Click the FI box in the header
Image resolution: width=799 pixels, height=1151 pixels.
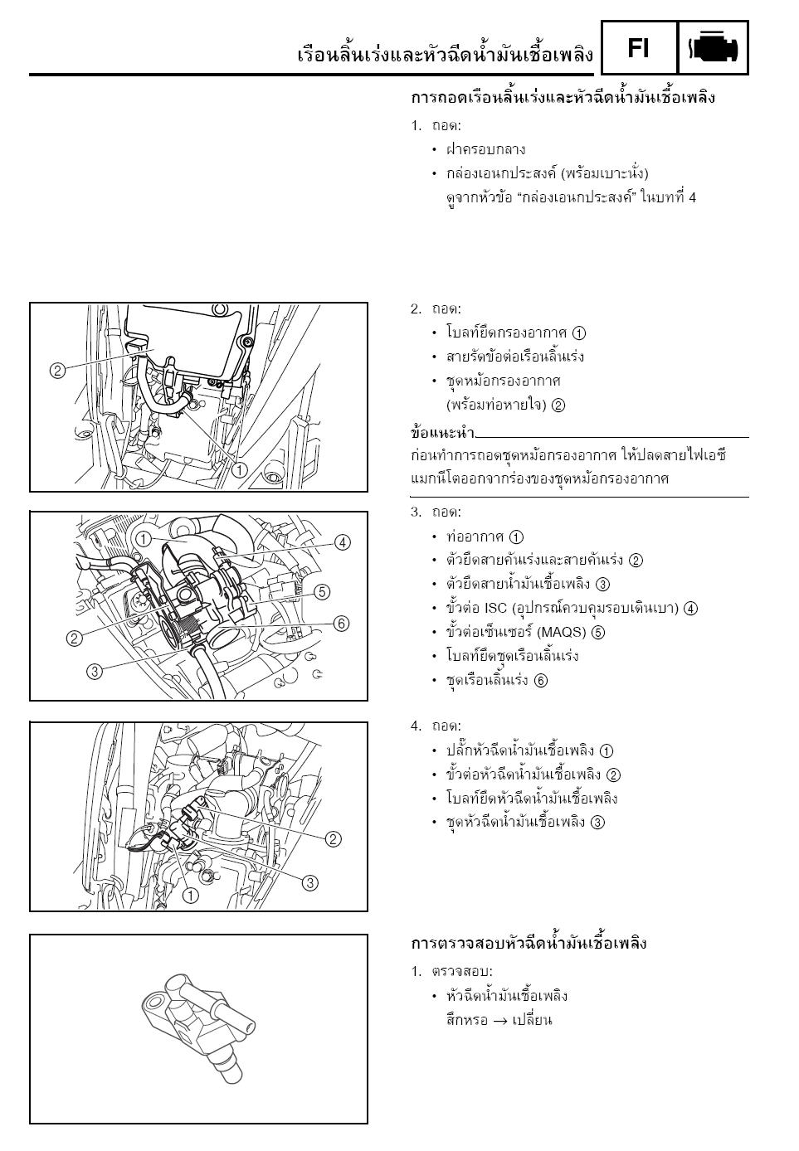tap(638, 49)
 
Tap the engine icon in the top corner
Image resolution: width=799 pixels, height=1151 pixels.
tap(713, 49)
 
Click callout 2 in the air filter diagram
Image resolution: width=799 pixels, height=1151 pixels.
tap(57, 371)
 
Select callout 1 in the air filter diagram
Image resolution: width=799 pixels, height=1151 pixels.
tap(240, 470)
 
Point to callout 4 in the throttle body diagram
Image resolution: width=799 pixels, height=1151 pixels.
tap(342, 542)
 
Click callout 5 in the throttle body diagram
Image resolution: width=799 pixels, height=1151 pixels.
tap(322, 592)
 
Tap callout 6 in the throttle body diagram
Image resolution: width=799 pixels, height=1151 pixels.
tap(341, 624)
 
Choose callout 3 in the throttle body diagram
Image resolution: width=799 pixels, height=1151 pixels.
tap(95, 672)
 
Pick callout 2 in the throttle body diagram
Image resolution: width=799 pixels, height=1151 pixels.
tap(74, 638)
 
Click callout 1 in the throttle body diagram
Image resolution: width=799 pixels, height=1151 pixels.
tap(143, 539)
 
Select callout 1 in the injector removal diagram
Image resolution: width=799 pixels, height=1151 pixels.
tap(191, 896)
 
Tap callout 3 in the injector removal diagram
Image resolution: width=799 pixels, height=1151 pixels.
tap(309, 883)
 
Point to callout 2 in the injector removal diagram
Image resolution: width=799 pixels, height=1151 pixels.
tap(333, 839)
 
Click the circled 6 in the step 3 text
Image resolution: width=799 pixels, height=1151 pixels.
tap(541, 681)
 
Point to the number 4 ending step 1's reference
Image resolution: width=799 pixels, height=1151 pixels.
tap(692, 197)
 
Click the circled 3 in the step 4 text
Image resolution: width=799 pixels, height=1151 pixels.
tap(597, 823)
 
